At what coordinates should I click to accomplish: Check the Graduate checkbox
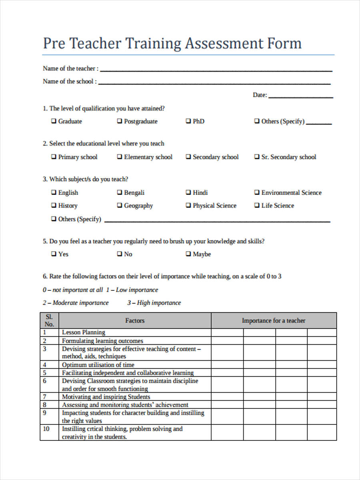click(x=54, y=121)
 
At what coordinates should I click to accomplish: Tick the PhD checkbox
click(x=188, y=121)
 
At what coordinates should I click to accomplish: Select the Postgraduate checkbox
click(x=120, y=121)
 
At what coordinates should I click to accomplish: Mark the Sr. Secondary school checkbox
click(x=257, y=157)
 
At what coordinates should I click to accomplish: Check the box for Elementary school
click(x=120, y=157)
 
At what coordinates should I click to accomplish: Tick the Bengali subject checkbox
click(x=120, y=192)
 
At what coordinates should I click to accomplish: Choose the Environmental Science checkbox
click(x=257, y=192)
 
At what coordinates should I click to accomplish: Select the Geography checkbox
click(x=120, y=206)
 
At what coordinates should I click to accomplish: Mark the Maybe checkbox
click(x=188, y=254)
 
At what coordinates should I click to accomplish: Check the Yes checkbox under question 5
click(x=54, y=254)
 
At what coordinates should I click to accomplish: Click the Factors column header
click(x=135, y=320)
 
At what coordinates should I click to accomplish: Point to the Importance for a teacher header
click(x=274, y=320)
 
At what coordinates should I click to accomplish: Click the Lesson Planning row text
click(x=84, y=332)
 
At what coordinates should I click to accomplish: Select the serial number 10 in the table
click(x=46, y=429)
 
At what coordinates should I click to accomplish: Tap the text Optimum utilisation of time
click(x=98, y=365)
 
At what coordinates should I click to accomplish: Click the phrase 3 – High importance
click(x=154, y=303)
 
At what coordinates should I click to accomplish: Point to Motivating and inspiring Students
click(x=106, y=397)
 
